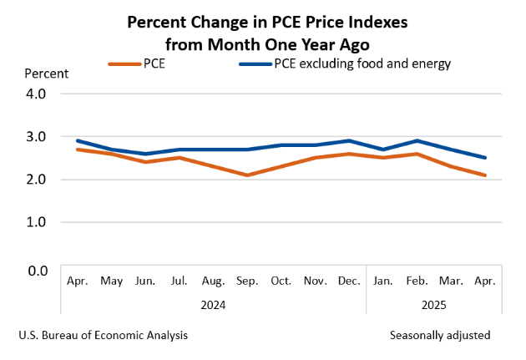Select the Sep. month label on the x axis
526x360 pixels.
[x=247, y=281]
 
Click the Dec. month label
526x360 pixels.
[x=349, y=281]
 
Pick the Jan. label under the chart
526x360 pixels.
[x=383, y=281]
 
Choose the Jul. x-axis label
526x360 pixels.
[x=180, y=281]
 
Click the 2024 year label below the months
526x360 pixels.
[x=213, y=305]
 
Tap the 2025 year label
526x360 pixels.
[x=434, y=305]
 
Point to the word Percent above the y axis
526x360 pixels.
[x=46, y=73]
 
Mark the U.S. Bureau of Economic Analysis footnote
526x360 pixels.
[x=103, y=335]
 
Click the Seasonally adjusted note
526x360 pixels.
[x=440, y=335]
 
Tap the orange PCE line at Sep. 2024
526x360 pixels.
[x=247, y=175]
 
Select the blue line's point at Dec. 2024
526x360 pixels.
[x=349, y=140]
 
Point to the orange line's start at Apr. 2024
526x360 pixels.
[x=78, y=150]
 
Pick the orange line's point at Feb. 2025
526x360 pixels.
[x=417, y=154]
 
